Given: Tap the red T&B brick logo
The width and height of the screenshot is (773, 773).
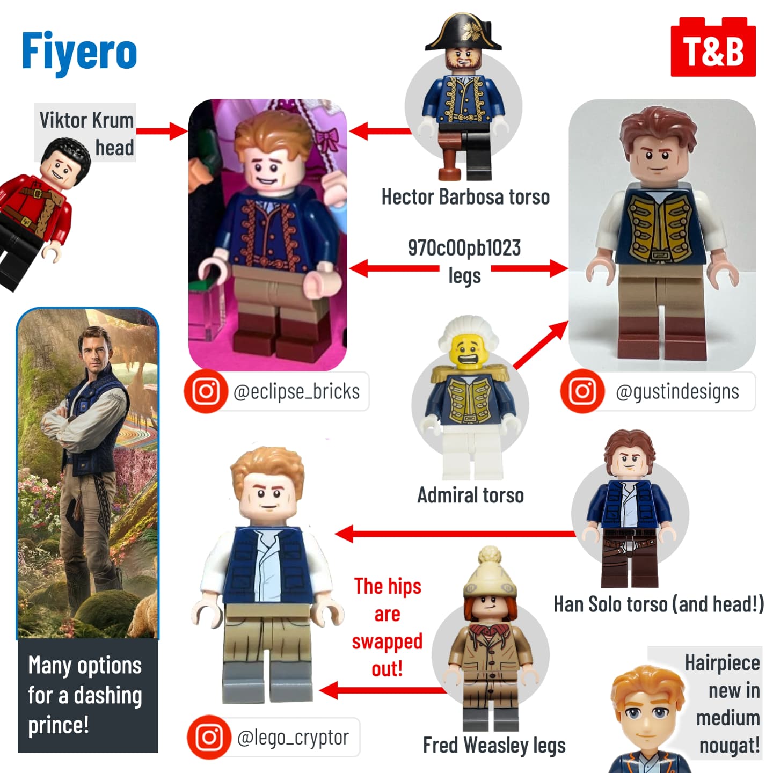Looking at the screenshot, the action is [713, 47].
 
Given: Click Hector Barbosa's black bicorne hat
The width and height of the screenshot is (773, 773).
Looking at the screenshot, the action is [463, 33].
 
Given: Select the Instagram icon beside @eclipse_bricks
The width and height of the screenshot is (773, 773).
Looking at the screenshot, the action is [206, 391].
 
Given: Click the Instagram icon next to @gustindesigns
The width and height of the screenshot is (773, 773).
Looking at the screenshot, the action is [582, 391].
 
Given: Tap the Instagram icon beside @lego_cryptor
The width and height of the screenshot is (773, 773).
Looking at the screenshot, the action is [209, 737].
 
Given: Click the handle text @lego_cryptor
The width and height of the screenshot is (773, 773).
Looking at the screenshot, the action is [293, 738].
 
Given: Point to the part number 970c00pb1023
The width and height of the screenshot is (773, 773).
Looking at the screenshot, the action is [464, 248].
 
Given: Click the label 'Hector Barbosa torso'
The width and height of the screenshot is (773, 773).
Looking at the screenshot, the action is [465, 197].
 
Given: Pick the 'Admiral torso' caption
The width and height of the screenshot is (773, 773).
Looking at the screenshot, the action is [471, 495].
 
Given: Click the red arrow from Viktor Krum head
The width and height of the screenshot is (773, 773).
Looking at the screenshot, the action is [162, 131].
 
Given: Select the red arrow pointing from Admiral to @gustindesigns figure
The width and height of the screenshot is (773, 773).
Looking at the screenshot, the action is [541, 345].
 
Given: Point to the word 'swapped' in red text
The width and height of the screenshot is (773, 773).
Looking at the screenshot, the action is [387, 641].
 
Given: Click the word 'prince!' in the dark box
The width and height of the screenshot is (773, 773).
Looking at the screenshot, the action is [59, 725].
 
